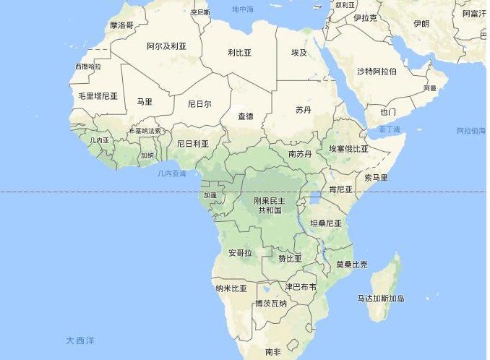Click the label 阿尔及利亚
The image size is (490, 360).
click(166, 46)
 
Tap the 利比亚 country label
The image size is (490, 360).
click(239, 53)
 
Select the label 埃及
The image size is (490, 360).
click(299, 53)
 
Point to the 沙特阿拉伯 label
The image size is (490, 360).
click(377, 71)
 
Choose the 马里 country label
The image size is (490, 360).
click(145, 102)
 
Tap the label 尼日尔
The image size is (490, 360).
click(199, 103)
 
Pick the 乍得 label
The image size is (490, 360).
click(246, 116)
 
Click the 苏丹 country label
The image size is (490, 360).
click(304, 110)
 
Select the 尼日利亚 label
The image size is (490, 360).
click(193, 143)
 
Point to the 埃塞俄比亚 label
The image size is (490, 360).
click(348, 148)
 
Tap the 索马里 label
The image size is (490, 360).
click(376, 177)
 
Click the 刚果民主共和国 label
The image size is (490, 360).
click(269, 205)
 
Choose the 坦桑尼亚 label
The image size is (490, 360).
click(325, 223)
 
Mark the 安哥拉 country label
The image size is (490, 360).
click(240, 253)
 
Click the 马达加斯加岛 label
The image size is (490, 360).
click(381, 298)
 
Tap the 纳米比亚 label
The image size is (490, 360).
click(231, 288)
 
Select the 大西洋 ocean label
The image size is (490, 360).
click(80, 340)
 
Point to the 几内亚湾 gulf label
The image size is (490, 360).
click(171, 174)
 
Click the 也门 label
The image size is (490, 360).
click(388, 112)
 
